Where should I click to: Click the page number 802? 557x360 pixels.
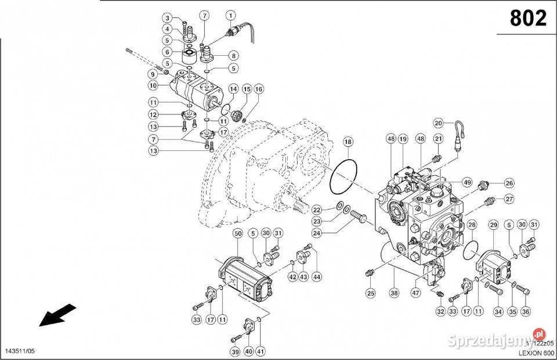528,19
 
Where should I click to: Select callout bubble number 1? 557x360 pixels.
231,15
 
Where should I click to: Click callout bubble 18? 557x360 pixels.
348,142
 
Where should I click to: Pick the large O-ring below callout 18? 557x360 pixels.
343,175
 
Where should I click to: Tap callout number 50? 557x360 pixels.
238,233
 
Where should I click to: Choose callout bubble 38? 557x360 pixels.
394,294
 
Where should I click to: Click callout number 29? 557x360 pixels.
494,225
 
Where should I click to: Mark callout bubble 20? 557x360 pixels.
439,123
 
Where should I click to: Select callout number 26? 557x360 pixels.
509,183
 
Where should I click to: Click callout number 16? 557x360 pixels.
258,89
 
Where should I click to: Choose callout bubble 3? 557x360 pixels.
167,17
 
